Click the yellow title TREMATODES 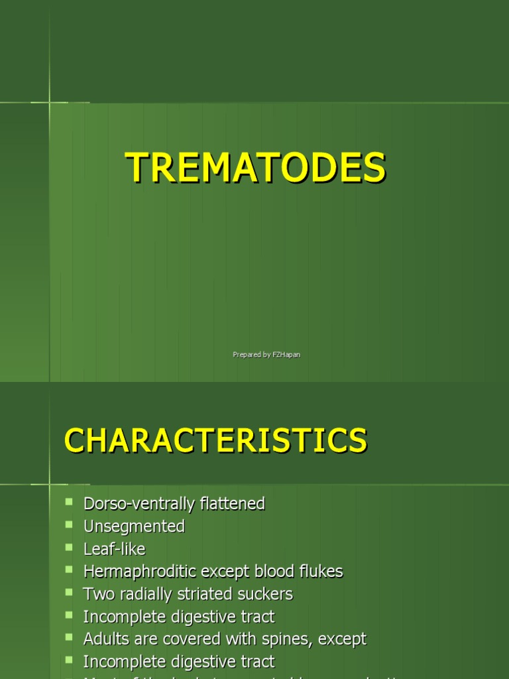[x=256, y=167]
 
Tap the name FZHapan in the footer [x=286, y=355]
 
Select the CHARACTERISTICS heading [x=215, y=441]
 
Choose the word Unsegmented [x=134, y=526]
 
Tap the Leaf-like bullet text [x=114, y=549]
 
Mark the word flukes [x=319, y=572]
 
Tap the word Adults [x=105, y=639]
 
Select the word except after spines [x=341, y=640]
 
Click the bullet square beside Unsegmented [x=68, y=525]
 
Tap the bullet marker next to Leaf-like [x=68, y=547]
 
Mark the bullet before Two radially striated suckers [x=68, y=592]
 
